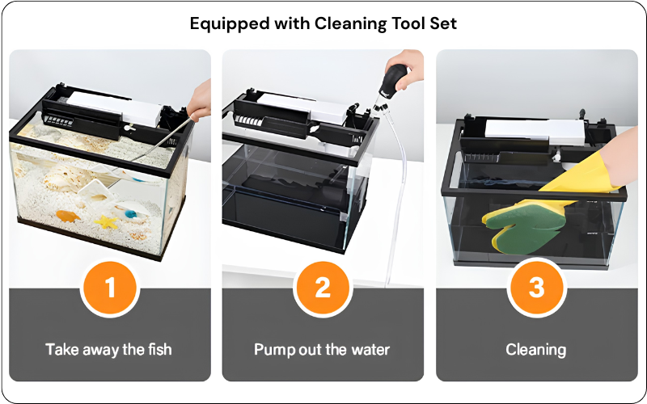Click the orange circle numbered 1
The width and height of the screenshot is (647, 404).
[x=110, y=288]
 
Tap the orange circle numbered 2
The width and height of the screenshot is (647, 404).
[x=323, y=288]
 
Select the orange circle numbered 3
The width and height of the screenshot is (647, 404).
[x=536, y=288]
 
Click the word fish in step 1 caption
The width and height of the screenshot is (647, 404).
[x=159, y=350]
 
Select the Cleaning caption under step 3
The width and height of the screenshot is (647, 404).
[x=536, y=350]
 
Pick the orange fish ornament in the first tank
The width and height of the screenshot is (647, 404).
[x=68, y=216]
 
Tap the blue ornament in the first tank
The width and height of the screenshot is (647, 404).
[x=130, y=214]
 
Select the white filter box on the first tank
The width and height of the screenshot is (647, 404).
[x=114, y=108]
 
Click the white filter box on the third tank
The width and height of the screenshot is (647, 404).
[x=535, y=131]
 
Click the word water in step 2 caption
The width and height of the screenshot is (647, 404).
[x=370, y=350]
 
